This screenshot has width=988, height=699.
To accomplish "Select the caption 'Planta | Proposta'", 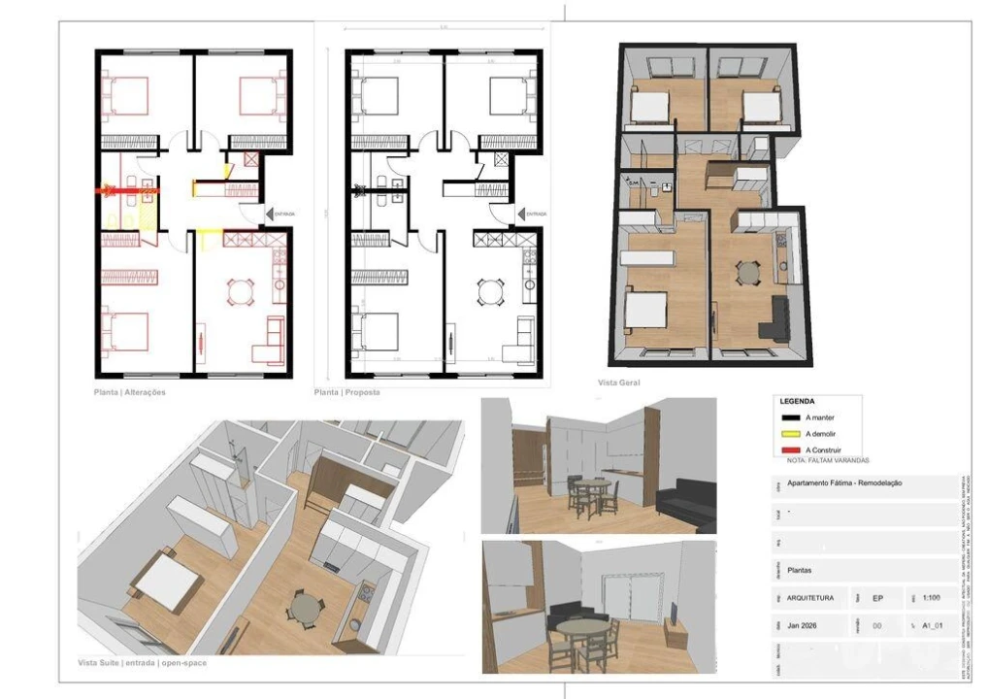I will tap(346, 392).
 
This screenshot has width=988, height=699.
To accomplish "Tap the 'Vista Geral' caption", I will tap(618, 383).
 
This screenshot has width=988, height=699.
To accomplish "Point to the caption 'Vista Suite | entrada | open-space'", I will tap(142, 663).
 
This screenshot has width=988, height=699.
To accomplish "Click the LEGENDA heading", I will tap(797, 401).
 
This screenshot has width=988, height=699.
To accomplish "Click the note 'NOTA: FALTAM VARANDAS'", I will tap(828, 460).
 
